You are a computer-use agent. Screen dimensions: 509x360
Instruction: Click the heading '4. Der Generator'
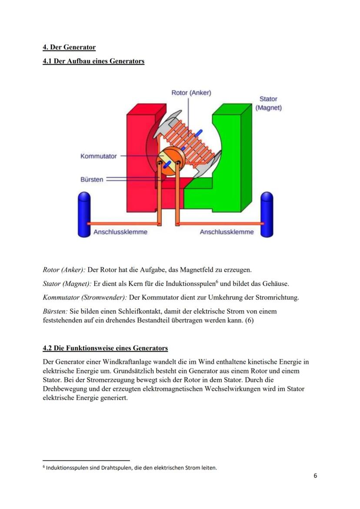pos(69,47)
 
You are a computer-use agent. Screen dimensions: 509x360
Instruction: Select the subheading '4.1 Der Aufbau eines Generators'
pos(93,61)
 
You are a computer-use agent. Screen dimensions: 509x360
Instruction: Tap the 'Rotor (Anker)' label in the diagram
pos(191,93)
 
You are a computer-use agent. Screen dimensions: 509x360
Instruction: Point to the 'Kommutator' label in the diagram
pos(98,156)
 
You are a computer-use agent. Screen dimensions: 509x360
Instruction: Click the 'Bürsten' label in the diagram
pos(92,179)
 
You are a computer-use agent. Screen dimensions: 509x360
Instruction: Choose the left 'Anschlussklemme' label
pos(120,232)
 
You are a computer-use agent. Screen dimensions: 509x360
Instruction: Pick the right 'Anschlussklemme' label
pos(227,232)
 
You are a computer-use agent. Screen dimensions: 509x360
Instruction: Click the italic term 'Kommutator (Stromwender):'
pos(85,298)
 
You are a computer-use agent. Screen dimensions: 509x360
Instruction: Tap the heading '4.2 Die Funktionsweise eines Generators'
pos(105,348)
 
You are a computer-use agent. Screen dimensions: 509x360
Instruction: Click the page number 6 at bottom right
pos(315,476)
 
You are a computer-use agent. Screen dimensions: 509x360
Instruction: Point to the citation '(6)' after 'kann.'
pos(249,321)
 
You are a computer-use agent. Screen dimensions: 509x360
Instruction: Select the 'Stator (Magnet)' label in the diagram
pos(268,103)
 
